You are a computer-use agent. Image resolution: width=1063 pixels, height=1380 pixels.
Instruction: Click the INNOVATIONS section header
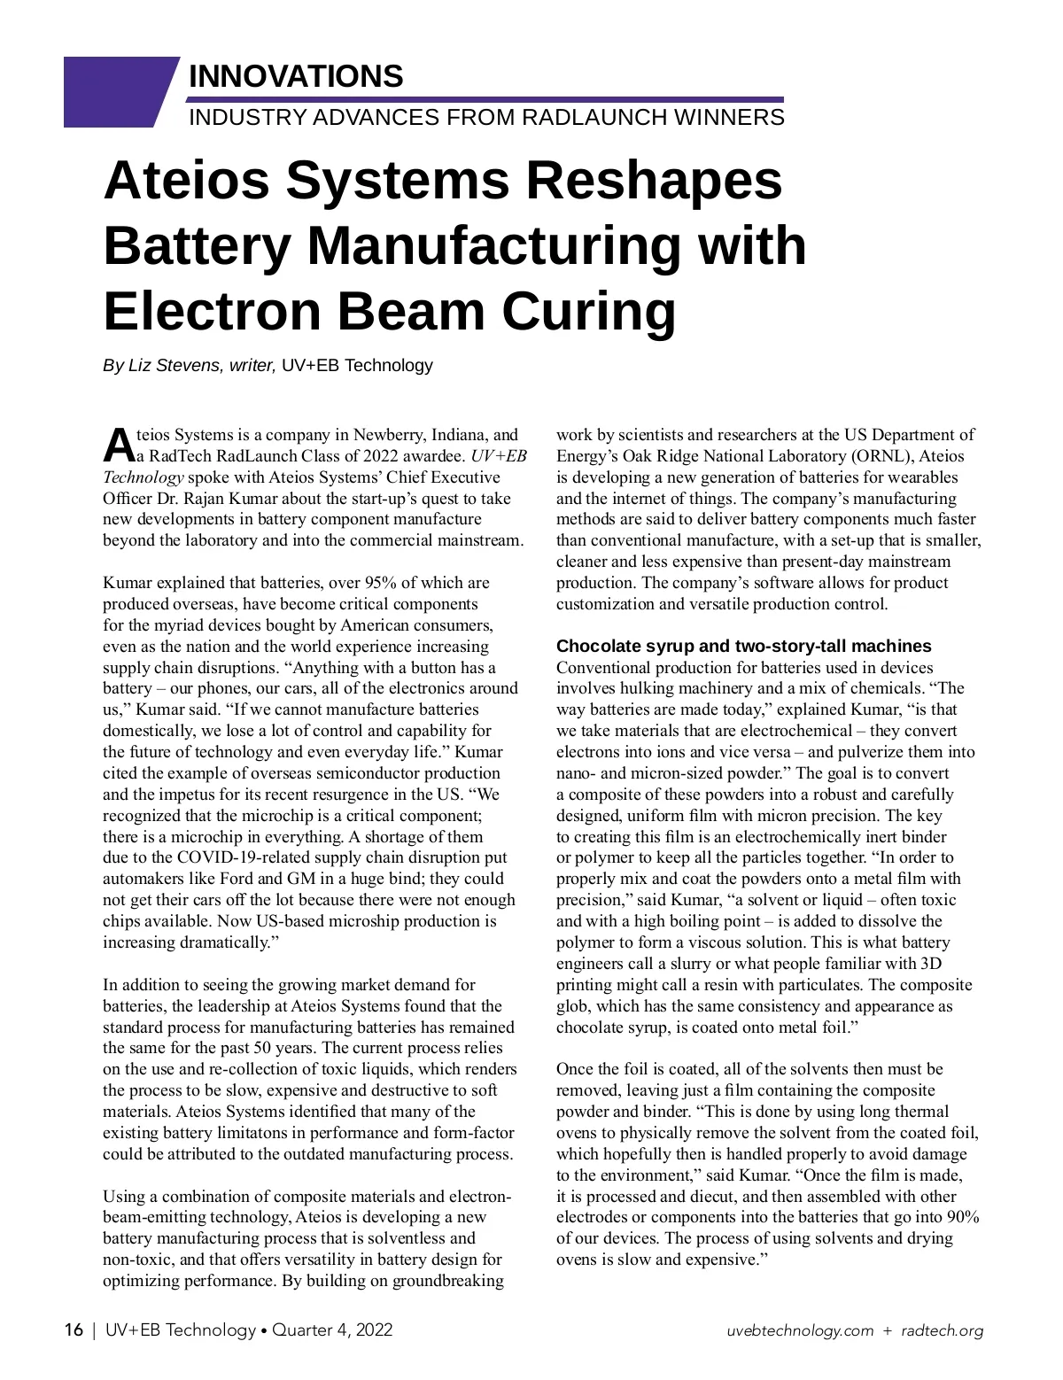pos(296,76)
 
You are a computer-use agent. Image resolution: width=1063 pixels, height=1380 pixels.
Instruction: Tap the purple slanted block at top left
pos(115,91)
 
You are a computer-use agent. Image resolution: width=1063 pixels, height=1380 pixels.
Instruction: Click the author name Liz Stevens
pos(175,365)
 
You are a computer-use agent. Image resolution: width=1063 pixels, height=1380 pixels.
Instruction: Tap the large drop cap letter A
pos(118,445)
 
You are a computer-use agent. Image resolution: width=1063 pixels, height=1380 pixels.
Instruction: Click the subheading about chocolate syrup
pos(743,646)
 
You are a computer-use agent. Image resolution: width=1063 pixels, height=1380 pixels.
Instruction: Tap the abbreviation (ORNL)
pos(881,456)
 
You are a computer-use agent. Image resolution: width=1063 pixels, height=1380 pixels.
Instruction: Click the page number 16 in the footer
pos(74,1330)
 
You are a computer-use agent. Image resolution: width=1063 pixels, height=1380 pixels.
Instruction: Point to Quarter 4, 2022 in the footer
pos(331,1330)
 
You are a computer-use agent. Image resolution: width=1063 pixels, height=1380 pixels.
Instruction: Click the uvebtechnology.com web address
pos(800,1330)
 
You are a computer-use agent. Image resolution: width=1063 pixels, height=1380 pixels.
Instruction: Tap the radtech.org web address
pos(942,1330)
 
